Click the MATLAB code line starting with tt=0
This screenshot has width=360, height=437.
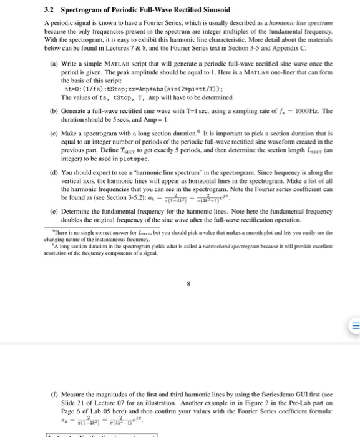click(x=119, y=89)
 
